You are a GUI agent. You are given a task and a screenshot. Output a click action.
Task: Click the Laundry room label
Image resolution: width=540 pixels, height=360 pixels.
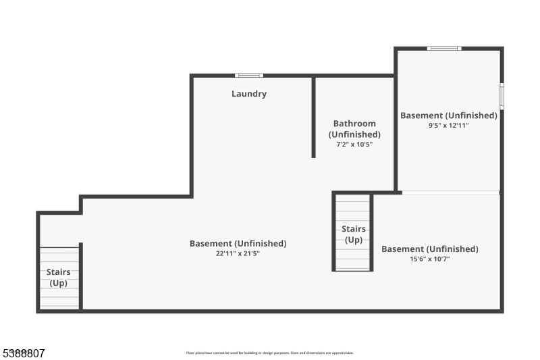pos(249,94)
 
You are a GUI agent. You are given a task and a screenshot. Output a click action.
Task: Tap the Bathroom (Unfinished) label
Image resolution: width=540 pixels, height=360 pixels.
pos(354,128)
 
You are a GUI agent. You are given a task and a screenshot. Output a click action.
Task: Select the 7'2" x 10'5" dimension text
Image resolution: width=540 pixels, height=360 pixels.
pos(354,144)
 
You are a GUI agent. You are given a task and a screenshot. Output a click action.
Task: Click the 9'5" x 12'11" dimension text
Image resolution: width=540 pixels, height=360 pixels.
pos(449,125)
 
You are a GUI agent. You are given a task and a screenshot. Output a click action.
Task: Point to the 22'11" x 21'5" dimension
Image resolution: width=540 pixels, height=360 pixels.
pos(238,253)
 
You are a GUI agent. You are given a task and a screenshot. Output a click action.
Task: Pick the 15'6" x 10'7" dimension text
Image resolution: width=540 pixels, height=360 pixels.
pos(430,259)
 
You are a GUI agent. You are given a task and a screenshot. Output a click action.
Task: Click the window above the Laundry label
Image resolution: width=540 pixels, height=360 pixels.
pos(249,75)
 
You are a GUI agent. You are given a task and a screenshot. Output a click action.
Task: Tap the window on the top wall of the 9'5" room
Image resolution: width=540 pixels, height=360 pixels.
pos(444,48)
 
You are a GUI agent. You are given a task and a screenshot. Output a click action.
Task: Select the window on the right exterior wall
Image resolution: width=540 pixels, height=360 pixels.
pos(502,95)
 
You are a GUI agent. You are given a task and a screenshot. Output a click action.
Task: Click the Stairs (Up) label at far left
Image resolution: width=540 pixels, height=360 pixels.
pos(58,278)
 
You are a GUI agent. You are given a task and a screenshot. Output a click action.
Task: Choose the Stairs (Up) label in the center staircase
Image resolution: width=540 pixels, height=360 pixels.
pos(353,234)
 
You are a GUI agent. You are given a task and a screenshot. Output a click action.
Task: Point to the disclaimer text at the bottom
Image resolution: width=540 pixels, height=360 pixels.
pos(270,353)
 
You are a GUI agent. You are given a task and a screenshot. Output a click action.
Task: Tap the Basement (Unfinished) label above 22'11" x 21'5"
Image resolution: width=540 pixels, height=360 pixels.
pos(238,243)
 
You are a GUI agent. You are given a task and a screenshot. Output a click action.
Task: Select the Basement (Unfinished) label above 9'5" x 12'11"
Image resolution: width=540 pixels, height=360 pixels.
pos(449,115)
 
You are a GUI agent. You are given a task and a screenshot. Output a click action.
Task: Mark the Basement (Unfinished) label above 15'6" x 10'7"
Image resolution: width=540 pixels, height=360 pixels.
pos(430,249)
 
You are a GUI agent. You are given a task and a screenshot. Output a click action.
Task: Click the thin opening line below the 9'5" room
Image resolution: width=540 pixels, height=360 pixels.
pos(450,193)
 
